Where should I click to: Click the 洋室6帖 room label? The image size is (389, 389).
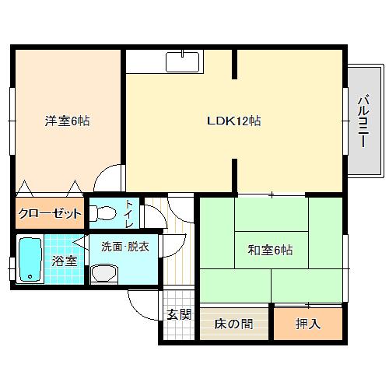click(x=66, y=121)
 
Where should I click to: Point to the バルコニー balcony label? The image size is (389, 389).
click(x=363, y=121)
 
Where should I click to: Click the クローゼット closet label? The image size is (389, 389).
click(x=48, y=213)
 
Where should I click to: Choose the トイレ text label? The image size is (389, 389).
click(x=128, y=213)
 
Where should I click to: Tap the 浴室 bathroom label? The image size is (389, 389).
click(x=65, y=261)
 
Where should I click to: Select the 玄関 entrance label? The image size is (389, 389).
click(x=178, y=315)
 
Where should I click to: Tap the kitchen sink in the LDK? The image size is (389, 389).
click(x=184, y=60)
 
